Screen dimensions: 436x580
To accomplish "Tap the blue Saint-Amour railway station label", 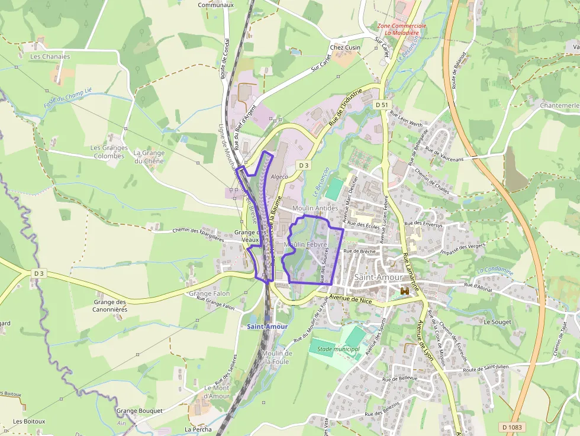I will [x=268, y=327].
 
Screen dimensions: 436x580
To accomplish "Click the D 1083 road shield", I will [x=512, y=427].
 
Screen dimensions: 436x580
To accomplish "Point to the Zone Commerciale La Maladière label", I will [x=402, y=30].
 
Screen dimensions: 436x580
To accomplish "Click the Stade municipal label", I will [x=339, y=349].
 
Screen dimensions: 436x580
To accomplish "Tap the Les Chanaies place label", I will [x=50, y=57].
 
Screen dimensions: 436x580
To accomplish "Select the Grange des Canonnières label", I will [x=110, y=305].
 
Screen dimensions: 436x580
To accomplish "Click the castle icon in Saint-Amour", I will [x=405, y=292].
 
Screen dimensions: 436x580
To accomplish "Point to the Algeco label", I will [x=279, y=176].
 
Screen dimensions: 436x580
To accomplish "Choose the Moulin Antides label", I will [x=315, y=208].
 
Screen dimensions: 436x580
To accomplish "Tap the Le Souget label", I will [x=497, y=322].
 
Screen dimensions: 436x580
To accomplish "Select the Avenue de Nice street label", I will [x=352, y=299].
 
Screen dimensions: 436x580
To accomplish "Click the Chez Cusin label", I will [x=345, y=47].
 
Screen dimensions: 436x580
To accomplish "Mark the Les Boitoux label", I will [x=29, y=421].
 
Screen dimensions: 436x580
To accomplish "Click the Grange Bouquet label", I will [x=139, y=411].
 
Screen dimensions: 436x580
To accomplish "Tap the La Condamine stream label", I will [x=495, y=270].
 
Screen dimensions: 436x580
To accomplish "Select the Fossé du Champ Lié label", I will [x=67, y=98].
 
